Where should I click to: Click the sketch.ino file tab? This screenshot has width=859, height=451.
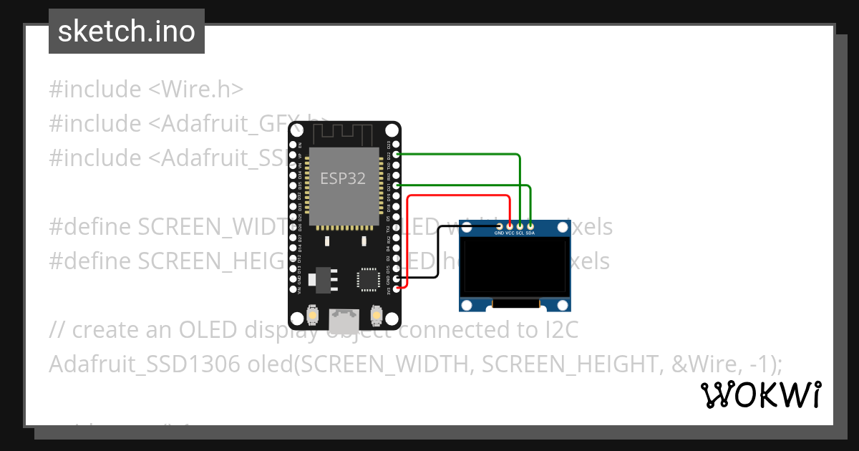point(126,31)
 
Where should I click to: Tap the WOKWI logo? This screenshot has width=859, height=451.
point(760,394)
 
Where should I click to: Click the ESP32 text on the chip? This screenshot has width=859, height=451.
point(343,179)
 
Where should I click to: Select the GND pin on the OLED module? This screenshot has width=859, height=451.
point(500,226)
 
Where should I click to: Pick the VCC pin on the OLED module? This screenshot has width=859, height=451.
point(510,226)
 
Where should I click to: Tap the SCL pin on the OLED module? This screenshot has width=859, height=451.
point(520,226)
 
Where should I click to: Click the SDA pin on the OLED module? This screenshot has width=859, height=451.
point(530,226)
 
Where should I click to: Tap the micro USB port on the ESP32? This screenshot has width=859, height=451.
point(344,317)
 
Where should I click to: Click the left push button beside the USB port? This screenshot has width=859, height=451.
point(313,315)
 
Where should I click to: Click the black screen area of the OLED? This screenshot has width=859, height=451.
point(514,268)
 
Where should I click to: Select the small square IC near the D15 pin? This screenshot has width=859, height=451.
point(369,278)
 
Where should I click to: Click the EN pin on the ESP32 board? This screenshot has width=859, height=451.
point(291,144)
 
